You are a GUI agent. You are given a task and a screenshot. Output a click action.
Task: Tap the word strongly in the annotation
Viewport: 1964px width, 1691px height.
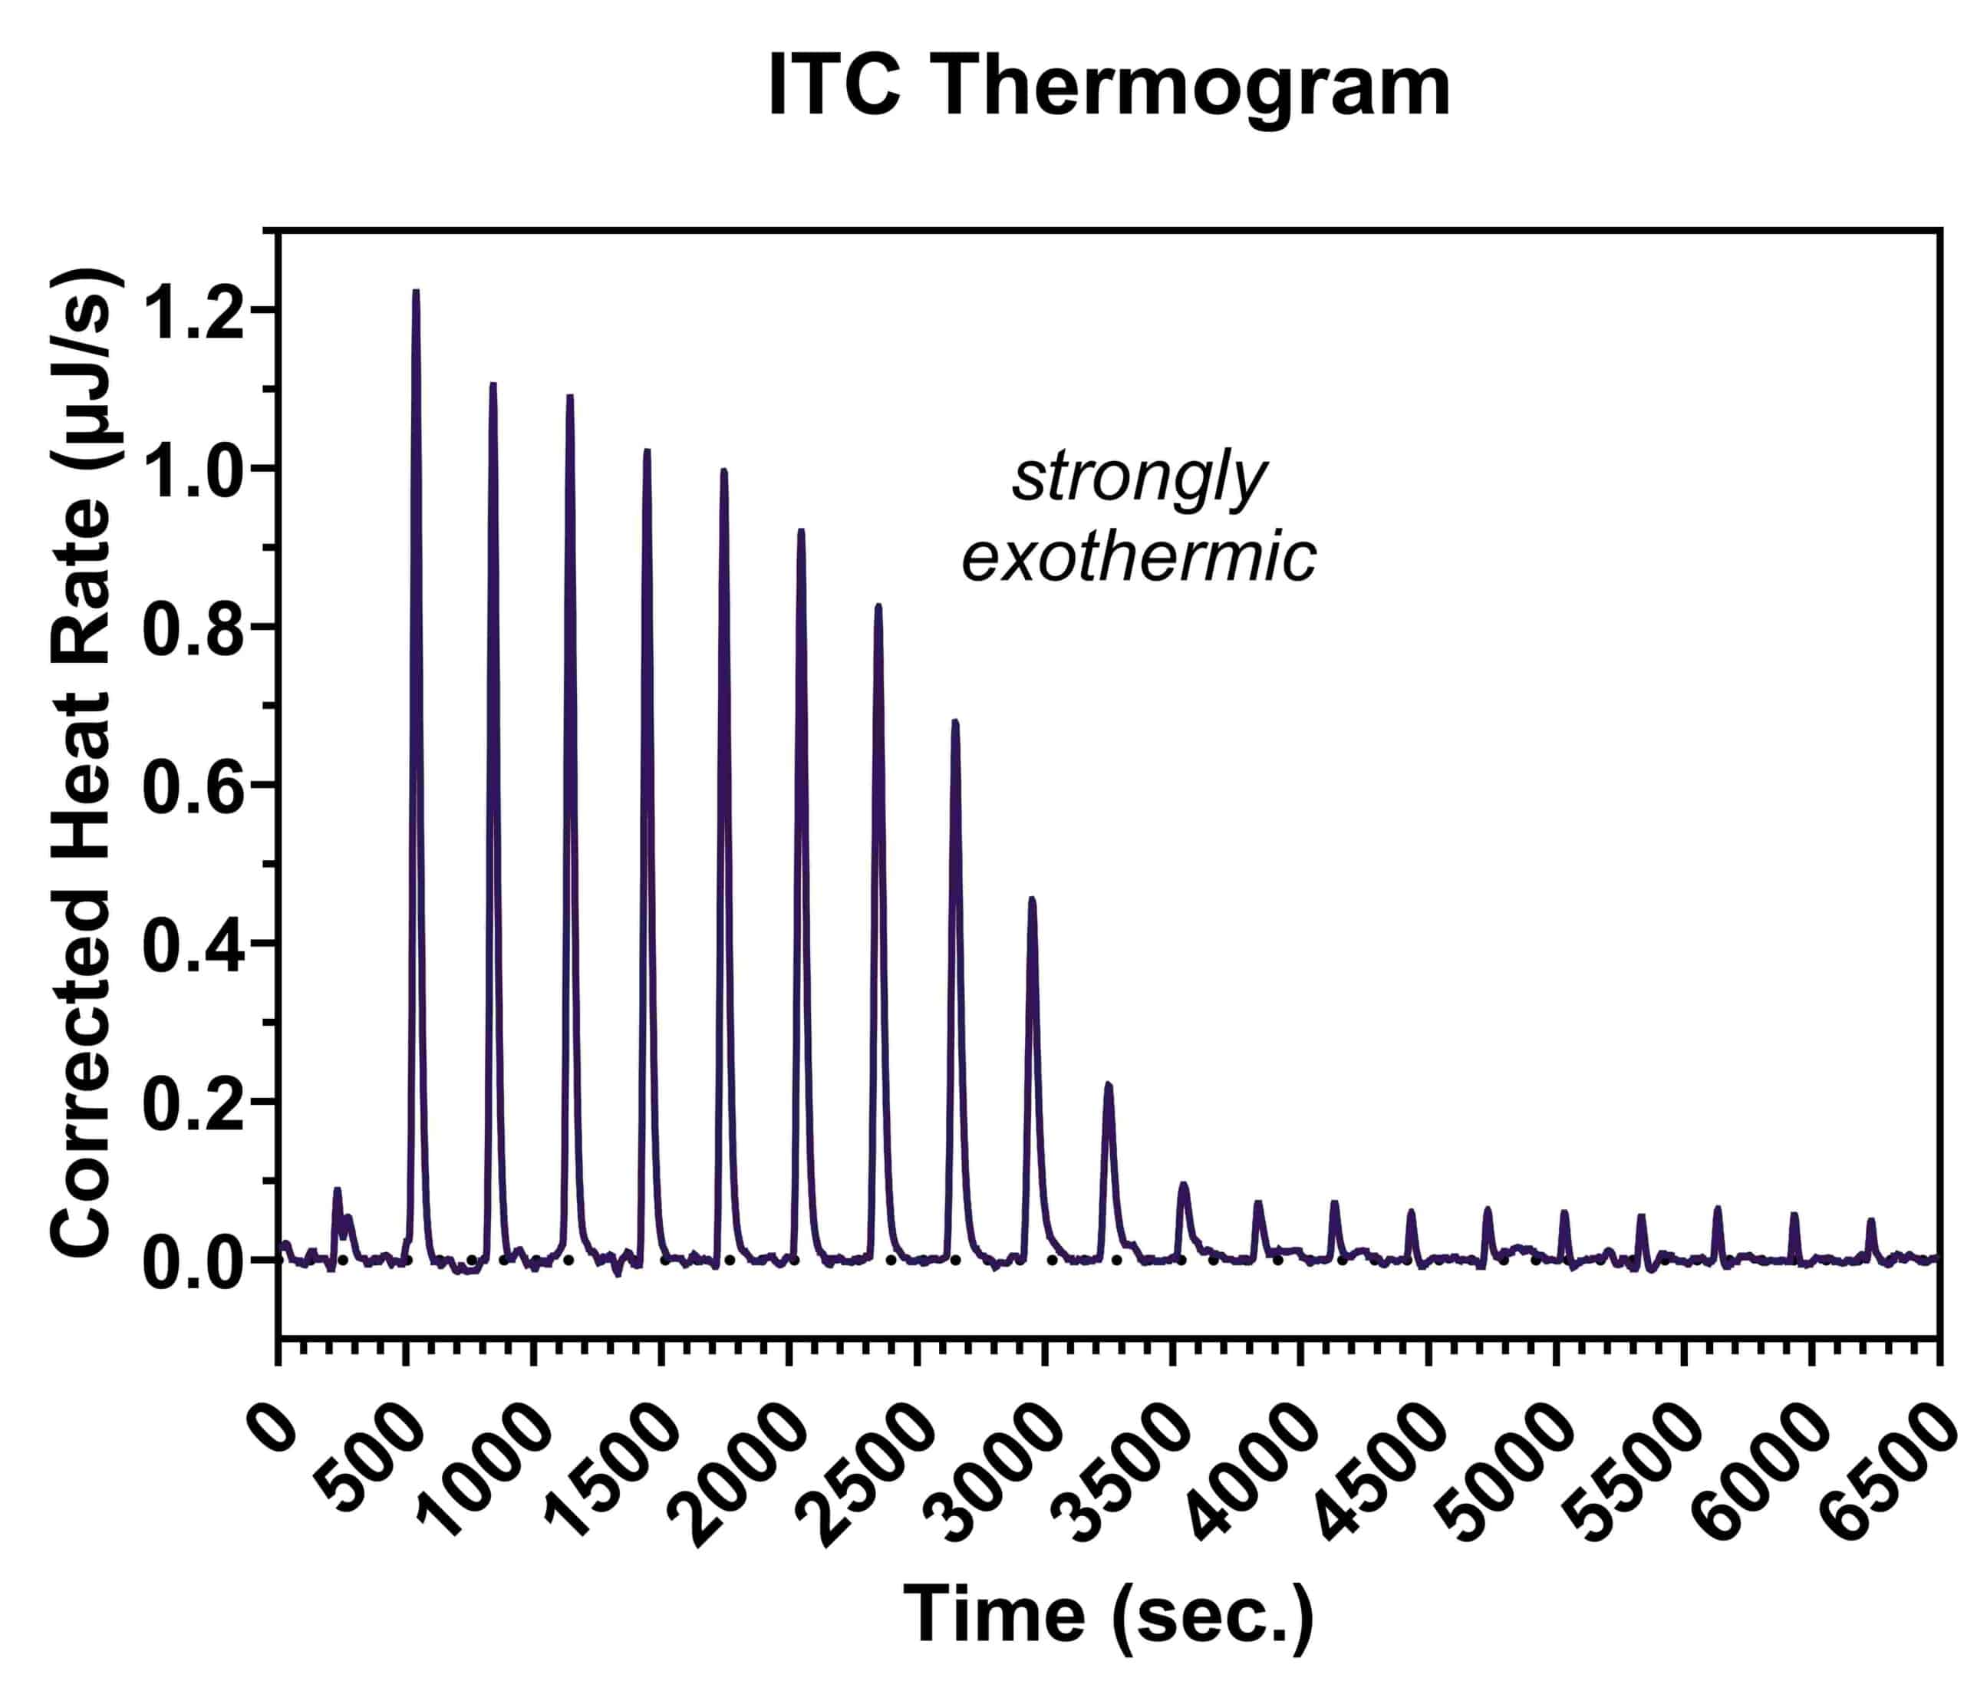[x=1139, y=480]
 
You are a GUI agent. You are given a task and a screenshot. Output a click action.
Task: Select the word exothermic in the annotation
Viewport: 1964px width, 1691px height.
[x=1139, y=557]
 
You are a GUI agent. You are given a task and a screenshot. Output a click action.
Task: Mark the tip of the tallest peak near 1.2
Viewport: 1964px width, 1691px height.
[x=416, y=292]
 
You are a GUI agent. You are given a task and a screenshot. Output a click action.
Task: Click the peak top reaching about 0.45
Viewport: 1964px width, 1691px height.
[x=1032, y=898]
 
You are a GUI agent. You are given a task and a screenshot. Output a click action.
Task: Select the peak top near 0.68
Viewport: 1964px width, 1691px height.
[x=955, y=722]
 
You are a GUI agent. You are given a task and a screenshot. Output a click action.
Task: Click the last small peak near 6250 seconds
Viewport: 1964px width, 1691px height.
[x=1871, y=1221]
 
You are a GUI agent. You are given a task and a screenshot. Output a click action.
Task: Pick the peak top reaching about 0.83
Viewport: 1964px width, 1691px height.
[x=878, y=605]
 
